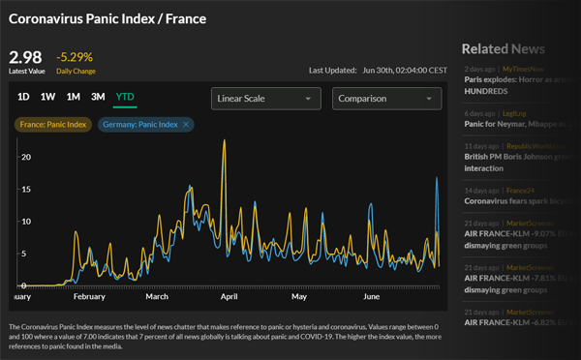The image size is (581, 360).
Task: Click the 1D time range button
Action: (x=23, y=97)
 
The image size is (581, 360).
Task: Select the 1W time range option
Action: (x=48, y=97)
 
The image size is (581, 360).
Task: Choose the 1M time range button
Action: (x=74, y=97)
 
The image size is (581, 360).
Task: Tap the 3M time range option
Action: (x=98, y=97)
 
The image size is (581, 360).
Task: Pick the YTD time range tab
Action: (x=125, y=97)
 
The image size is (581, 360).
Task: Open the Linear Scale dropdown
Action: (x=266, y=99)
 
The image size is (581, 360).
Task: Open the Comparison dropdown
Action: (x=386, y=99)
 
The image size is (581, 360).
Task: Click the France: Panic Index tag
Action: (x=53, y=124)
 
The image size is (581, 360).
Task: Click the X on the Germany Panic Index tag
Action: (x=187, y=124)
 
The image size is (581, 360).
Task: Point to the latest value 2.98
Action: (x=25, y=57)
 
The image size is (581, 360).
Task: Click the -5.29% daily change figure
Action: (x=76, y=57)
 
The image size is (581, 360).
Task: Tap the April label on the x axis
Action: (x=229, y=297)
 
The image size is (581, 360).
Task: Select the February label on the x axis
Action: (x=89, y=297)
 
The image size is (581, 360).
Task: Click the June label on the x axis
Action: (x=372, y=297)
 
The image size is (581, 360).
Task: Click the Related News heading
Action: (x=503, y=48)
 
